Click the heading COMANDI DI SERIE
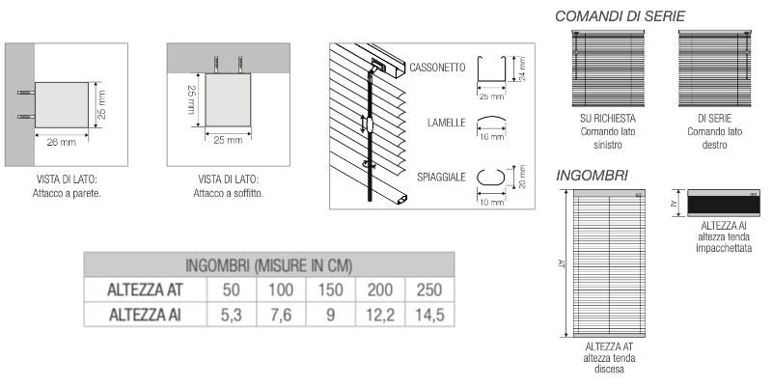point(620,15)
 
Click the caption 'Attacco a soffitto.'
point(230,193)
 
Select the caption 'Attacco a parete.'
point(67,193)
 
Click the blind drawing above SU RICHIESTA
point(606,69)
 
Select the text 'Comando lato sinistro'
point(606,138)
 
